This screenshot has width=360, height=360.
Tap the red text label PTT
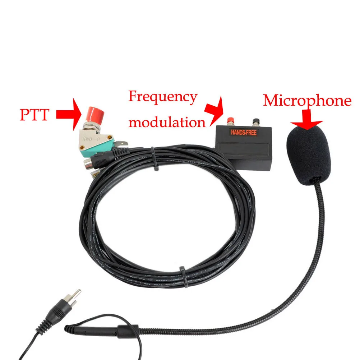34,115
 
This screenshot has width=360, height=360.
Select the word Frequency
163,97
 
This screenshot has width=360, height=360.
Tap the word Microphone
307,101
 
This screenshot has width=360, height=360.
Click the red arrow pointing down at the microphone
306,120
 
